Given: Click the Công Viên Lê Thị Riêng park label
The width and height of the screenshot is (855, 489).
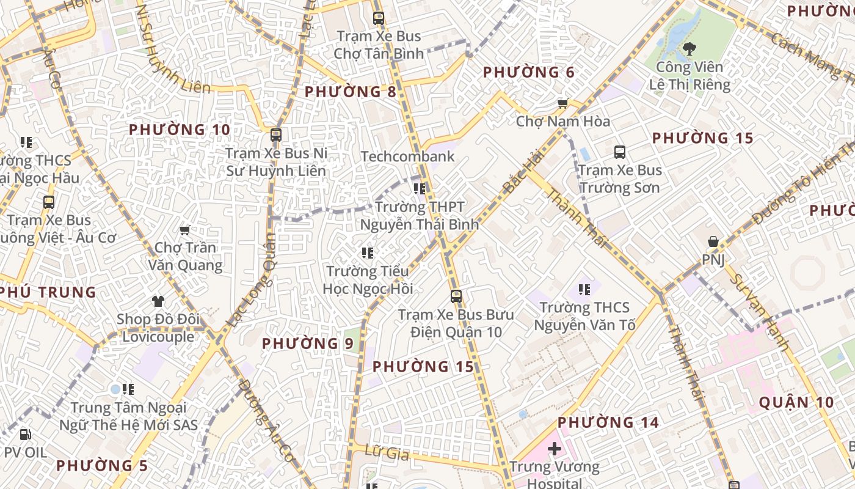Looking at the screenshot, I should [689, 75].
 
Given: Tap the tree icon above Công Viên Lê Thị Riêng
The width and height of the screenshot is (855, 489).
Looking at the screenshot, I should [689, 48].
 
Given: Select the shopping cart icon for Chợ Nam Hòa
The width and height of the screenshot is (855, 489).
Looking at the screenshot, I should [562, 103].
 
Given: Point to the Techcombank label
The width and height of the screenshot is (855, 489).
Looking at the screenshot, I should [407, 156].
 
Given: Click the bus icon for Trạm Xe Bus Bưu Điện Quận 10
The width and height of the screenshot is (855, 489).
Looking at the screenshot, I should [456, 296].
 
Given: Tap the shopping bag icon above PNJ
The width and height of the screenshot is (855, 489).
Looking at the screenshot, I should [713, 242].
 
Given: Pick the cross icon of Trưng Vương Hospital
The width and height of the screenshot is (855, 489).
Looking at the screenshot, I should [555, 449].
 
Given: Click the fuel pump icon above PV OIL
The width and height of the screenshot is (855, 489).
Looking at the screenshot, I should [25, 435].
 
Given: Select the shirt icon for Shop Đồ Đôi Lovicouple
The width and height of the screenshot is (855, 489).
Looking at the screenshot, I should [158, 301].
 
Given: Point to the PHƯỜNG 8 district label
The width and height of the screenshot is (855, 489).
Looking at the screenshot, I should [351, 92].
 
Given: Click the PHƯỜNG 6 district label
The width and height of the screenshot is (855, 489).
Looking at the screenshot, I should [529, 73].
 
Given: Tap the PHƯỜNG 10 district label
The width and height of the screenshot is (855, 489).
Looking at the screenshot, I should [180, 130].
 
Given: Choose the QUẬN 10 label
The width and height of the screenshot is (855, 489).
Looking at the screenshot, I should [796, 402].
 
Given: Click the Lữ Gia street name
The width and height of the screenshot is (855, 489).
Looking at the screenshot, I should [386, 452].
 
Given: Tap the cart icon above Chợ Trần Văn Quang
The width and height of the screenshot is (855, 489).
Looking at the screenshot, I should [184, 230].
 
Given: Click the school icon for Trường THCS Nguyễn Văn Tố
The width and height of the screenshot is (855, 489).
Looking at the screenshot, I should [584, 289].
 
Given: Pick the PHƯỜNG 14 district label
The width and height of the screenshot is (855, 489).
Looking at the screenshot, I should [608, 422].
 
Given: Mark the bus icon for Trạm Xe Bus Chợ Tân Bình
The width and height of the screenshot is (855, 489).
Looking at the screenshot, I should [379, 18].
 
